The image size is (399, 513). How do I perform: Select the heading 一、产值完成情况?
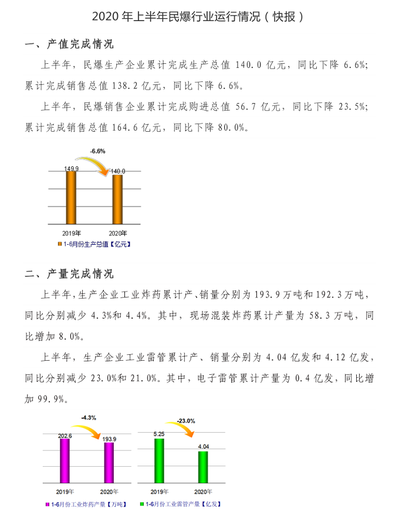pyautogui.click(x=69, y=45)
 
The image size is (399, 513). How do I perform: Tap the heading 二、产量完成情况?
pyautogui.click(x=69, y=273)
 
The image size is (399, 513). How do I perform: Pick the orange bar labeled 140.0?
pyautogui.click(x=117, y=199)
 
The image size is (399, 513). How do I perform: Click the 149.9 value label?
pyautogui.click(x=72, y=169)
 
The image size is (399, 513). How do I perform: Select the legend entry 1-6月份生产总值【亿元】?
pyautogui.click(x=93, y=244)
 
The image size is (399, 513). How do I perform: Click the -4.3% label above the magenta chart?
pyautogui.click(x=89, y=417)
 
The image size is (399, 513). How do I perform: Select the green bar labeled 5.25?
pyautogui.click(x=159, y=460)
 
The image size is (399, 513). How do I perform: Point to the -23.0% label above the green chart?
pyautogui.click(x=185, y=420)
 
